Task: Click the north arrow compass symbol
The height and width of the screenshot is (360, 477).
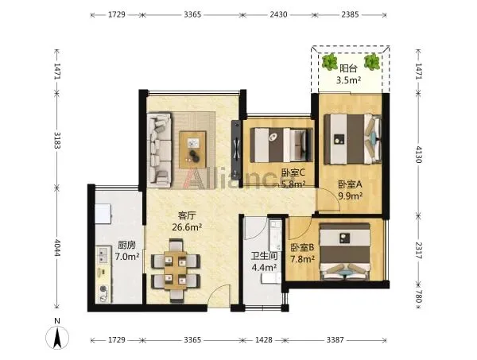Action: [x=57, y=337]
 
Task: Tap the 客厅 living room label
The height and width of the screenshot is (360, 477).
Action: [x=187, y=216]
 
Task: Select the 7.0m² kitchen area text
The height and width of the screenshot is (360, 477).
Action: [x=127, y=257]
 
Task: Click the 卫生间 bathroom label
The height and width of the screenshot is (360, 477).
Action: [x=264, y=256]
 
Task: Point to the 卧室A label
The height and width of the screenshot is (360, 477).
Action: [x=350, y=184]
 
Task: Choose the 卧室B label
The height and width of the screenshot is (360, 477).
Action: [x=302, y=247]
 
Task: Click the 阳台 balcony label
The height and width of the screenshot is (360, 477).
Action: [x=348, y=68]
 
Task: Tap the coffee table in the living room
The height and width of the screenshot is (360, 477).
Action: [x=192, y=149]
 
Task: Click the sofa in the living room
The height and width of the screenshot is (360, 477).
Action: [x=159, y=150]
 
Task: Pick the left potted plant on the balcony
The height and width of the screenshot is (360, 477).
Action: [x=330, y=62]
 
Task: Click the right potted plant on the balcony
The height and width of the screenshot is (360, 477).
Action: [x=372, y=62]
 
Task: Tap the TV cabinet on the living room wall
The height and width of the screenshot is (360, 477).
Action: [x=236, y=149]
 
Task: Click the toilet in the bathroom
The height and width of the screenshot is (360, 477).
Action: [x=271, y=278]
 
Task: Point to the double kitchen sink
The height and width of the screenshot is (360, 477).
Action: [x=103, y=255]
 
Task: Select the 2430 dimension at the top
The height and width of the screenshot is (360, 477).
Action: [x=278, y=14]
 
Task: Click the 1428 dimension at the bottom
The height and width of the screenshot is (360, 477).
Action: [x=263, y=339]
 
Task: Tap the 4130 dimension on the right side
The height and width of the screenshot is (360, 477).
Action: [x=419, y=154]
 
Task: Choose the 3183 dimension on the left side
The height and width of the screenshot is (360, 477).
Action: [x=57, y=140]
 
